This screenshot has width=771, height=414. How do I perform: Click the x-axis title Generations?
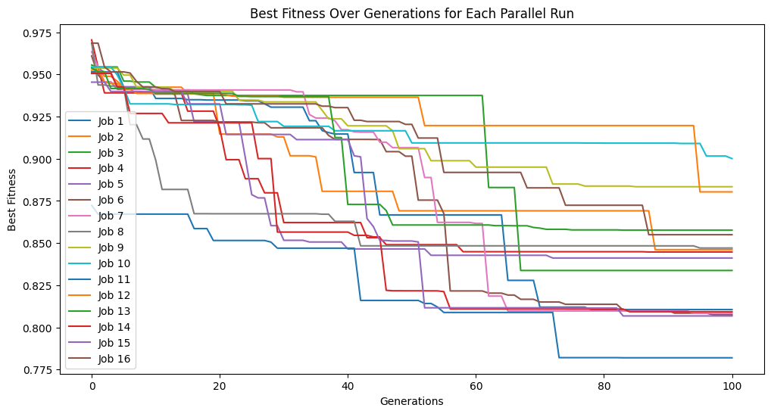click(411, 401)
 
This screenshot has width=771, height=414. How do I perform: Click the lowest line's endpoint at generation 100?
click(732, 357)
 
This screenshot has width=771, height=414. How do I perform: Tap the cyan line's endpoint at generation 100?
click(732, 158)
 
